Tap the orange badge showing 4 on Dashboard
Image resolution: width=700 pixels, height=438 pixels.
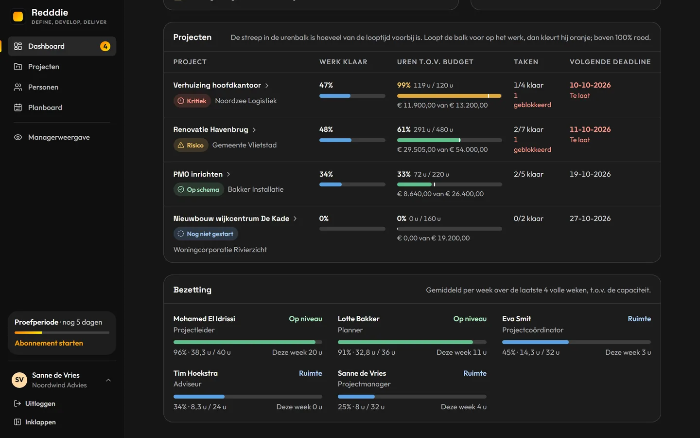pyautogui.click(x=105, y=46)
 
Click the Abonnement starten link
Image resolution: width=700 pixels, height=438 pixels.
pyautogui.click(x=49, y=343)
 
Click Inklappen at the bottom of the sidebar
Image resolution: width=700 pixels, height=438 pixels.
pyautogui.click(x=35, y=422)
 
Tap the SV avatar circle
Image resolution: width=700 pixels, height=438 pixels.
pyautogui.click(x=19, y=380)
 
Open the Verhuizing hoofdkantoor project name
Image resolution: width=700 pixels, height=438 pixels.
pyautogui.click(x=217, y=85)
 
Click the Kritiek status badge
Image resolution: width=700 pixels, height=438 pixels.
pyautogui.click(x=192, y=101)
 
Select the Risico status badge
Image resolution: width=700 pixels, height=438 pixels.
pyautogui.click(x=191, y=145)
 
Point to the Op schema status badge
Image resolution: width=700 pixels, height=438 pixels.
pyautogui.click(x=199, y=190)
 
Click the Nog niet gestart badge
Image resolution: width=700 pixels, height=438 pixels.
pyautogui.click(x=206, y=234)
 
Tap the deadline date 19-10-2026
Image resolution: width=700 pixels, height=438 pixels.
pyautogui.click(x=590, y=174)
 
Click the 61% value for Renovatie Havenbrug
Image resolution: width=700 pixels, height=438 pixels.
pyautogui.click(x=404, y=129)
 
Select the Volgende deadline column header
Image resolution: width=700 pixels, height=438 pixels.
pyautogui.click(x=610, y=62)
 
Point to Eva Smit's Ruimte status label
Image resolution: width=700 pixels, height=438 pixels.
pyautogui.click(x=639, y=319)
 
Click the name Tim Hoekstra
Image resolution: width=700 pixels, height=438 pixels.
pyautogui.click(x=195, y=373)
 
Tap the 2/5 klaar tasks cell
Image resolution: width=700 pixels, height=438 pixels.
pyautogui.click(x=528, y=174)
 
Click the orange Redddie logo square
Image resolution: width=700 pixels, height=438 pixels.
pyautogui.click(x=18, y=17)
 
